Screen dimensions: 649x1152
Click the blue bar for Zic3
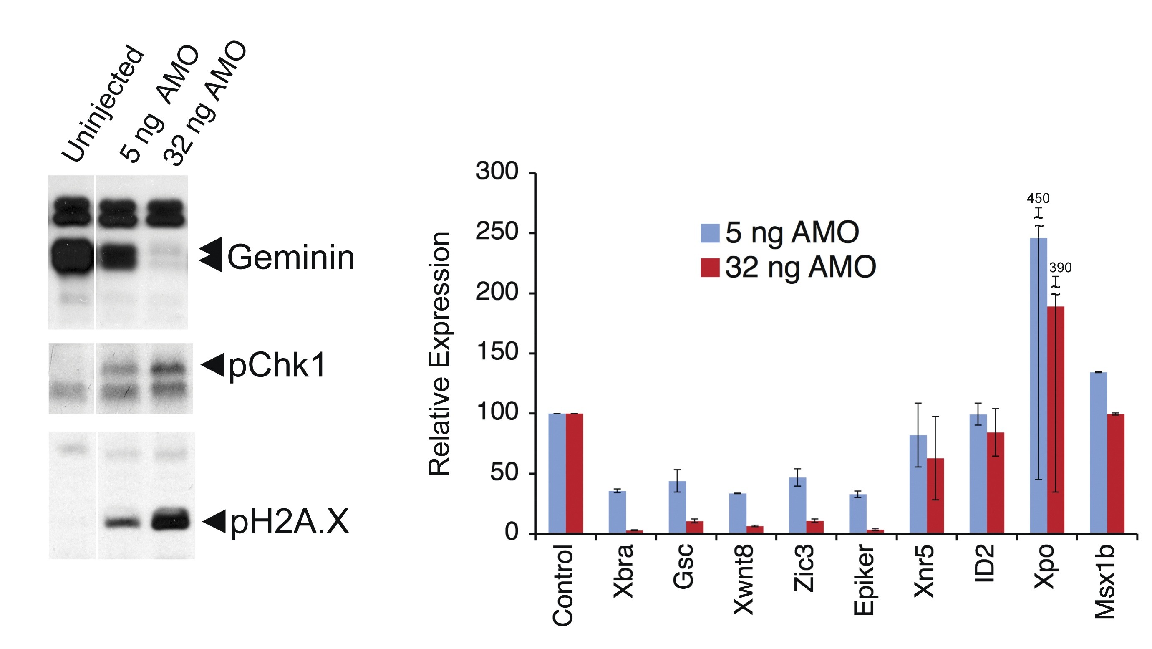pyautogui.click(x=797, y=505)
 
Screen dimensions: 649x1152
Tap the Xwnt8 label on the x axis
pyautogui.click(x=744, y=580)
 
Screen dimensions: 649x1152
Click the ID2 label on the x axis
pyautogui.click(x=984, y=563)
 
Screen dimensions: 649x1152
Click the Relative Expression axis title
pyautogui.click(x=440, y=354)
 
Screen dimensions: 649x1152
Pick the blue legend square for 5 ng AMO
pyautogui.click(x=710, y=233)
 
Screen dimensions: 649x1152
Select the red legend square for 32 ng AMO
pyautogui.click(x=710, y=268)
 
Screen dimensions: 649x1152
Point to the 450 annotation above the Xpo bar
pyautogui.click(x=1038, y=198)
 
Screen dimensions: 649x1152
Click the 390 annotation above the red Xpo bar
pyautogui.click(x=1060, y=268)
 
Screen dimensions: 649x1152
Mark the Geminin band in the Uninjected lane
pyautogui.click(x=71, y=256)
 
